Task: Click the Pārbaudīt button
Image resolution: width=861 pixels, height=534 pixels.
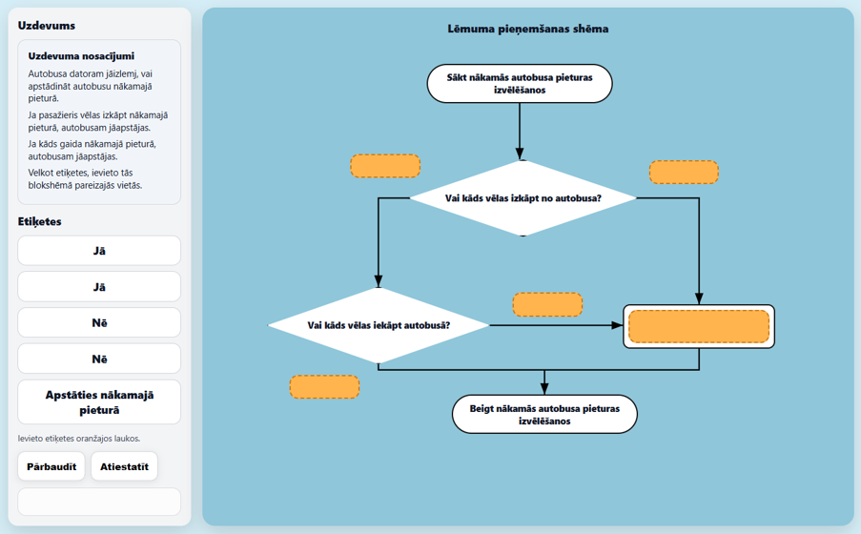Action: click(51, 466)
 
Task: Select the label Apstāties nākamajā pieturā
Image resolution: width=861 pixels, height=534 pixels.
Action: click(99, 402)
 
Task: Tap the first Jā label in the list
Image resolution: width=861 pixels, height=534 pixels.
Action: click(99, 251)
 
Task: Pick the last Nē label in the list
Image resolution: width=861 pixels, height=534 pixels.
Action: click(99, 359)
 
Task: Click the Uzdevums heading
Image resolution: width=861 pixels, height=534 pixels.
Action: click(47, 26)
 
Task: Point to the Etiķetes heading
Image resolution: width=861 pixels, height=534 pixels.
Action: click(39, 221)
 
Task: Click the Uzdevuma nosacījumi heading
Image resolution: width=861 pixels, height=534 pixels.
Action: click(81, 56)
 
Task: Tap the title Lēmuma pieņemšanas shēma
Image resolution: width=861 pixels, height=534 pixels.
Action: click(527, 30)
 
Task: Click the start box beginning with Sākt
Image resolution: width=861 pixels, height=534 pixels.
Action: click(520, 84)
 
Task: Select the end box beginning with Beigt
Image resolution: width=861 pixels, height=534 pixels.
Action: click(544, 414)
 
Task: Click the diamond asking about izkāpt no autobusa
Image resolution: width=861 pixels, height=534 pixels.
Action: click(523, 197)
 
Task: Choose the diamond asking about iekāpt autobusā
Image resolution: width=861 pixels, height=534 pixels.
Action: click(379, 325)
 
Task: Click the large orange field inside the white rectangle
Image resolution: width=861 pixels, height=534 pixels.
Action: click(699, 326)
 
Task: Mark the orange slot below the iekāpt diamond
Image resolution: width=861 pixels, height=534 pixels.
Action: click(324, 387)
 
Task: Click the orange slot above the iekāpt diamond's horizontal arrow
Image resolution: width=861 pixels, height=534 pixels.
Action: click(547, 304)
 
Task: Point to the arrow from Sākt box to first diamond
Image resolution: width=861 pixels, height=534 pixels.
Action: click(520, 132)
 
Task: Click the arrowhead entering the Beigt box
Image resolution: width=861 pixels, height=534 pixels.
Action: click(544, 389)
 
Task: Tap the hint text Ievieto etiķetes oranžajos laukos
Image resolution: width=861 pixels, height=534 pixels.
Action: click(79, 439)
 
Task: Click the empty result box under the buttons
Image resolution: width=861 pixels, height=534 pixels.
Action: click(99, 502)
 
